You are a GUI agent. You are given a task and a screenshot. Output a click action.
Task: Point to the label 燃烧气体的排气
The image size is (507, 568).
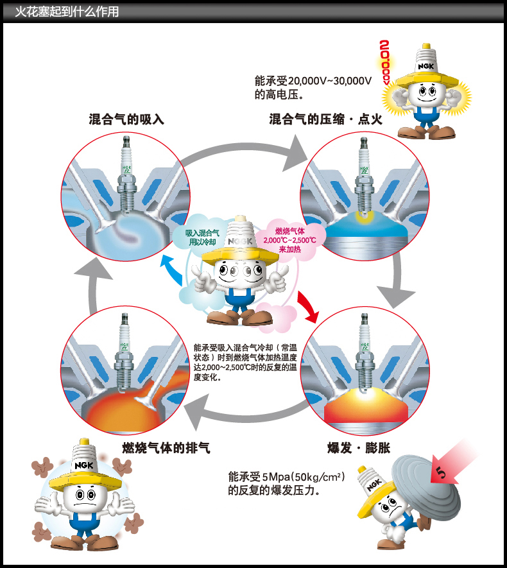[166, 447]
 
